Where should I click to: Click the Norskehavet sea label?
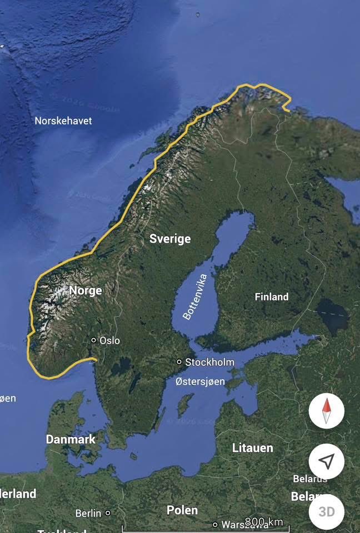63,120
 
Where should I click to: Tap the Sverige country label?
170,239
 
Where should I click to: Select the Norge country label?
86,290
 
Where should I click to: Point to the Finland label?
272,297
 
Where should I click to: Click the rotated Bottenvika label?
195,296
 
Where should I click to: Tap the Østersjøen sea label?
200,381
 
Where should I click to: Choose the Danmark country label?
71,439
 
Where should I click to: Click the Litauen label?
253,447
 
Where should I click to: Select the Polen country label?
182,510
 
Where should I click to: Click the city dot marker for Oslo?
94,340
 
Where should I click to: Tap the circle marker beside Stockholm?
179,362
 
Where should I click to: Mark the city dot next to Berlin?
108,513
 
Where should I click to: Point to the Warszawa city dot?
215,525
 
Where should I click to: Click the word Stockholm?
210,362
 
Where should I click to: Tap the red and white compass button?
327,411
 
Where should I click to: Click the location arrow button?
327,461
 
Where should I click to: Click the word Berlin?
88,513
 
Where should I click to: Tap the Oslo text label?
109,340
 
